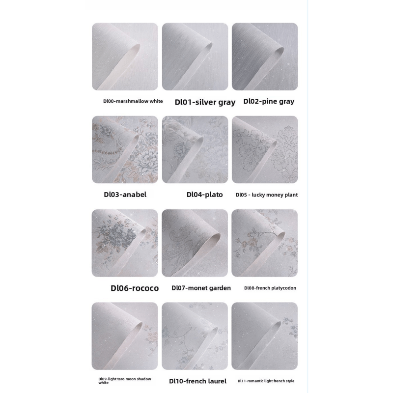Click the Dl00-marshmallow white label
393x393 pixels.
pos(133,101)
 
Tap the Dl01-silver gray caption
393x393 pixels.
pos(205,102)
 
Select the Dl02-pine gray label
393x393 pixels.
pos(269,101)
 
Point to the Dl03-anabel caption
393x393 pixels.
pos(125,195)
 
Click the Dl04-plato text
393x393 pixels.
pos(204,195)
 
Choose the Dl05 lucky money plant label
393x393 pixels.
pos(267,195)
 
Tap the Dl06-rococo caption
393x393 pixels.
pos(135,288)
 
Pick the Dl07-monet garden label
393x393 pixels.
pos(201,288)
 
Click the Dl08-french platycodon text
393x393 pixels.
pos(270,288)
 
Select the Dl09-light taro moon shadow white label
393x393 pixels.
pos(125,381)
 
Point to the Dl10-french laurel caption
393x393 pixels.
pos(198,381)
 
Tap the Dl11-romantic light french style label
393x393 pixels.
pos(266,381)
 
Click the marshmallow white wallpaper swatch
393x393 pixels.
pos(125,56)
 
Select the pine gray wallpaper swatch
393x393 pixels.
pos(265,56)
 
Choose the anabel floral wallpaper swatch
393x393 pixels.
pos(125,150)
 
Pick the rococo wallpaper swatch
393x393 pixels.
pos(125,243)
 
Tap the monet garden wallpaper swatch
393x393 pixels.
pos(195,243)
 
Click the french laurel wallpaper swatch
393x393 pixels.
pos(195,336)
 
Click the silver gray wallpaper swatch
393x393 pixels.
pos(195,56)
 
